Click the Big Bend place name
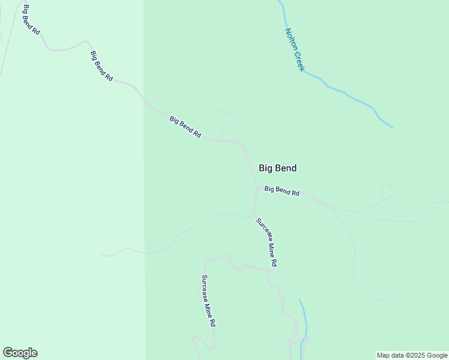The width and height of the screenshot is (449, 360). click(277, 169)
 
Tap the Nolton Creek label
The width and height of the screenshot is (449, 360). click(295, 50)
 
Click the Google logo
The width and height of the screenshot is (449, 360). click(20, 353)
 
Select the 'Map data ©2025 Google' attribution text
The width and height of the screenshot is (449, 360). click(412, 355)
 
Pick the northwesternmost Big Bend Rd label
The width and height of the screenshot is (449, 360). click(31, 19)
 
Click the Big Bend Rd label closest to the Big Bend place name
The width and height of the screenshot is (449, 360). click(282, 191)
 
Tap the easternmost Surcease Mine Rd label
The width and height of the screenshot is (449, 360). click(267, 242)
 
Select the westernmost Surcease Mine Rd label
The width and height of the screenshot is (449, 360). click(208, 300)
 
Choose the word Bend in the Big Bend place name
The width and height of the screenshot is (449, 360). click(285, 169)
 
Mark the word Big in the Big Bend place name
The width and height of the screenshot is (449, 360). click(265, 169)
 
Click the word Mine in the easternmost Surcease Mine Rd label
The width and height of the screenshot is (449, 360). click(270, 247)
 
